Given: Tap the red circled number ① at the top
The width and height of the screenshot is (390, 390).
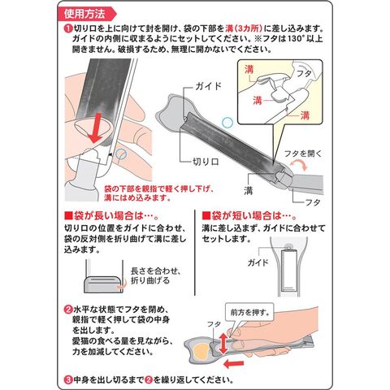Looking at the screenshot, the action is pos(67,28).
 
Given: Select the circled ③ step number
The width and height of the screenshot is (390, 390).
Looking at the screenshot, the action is pos(67,379).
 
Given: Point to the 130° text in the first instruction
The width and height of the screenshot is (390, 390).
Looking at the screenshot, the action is pos(291,39).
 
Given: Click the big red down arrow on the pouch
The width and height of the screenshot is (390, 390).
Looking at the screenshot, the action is pos(95,128).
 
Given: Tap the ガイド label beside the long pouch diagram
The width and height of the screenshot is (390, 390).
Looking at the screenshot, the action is pos(208,86).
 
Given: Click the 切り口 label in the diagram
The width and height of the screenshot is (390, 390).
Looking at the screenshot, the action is pos(206,162).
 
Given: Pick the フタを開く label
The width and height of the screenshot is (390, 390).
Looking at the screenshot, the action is pos(303,154).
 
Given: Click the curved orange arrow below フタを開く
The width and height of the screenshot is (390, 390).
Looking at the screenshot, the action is pos(299,164).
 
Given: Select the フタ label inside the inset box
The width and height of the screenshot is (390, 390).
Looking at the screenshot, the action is pos(304,73).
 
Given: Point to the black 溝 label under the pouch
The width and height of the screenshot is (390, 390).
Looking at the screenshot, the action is pos(249,191).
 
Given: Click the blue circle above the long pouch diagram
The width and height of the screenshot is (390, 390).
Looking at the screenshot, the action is pos(227,123).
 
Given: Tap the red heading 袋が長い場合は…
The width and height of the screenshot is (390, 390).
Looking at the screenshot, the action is pos(111,216).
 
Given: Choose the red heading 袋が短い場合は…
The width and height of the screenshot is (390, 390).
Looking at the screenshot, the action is pos(249,216).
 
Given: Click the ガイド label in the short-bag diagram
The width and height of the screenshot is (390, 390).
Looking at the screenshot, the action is pos(258,262).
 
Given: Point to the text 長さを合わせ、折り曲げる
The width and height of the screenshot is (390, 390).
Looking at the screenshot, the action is pos(155,275).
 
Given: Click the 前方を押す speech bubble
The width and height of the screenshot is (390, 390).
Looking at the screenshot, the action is pos(249,314).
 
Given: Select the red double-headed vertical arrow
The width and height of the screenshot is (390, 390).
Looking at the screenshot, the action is pos(223,344).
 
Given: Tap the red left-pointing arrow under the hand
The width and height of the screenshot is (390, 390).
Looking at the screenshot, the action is pos(235,364).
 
